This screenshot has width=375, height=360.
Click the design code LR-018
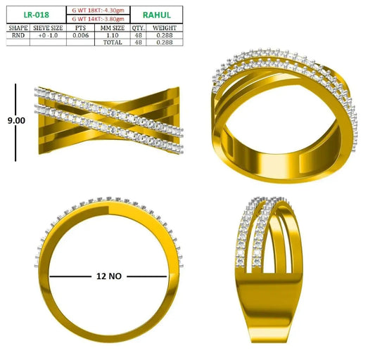[x=37, y=15]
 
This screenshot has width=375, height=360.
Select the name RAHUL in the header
[x=157, y=15]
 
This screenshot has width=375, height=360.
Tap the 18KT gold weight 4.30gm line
[x=98, y=11]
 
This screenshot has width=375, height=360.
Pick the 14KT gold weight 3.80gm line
[x=98, y=19]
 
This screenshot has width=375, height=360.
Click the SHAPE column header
[x=18, y=27]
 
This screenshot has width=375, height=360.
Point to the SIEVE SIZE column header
[x=48, y=27]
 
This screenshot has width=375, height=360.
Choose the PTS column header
[x=80, y=27]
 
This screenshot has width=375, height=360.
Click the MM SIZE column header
[x=113, y=27]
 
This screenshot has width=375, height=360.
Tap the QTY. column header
[x=138, y=28]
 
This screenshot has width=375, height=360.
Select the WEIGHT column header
[x=165, y=27]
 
